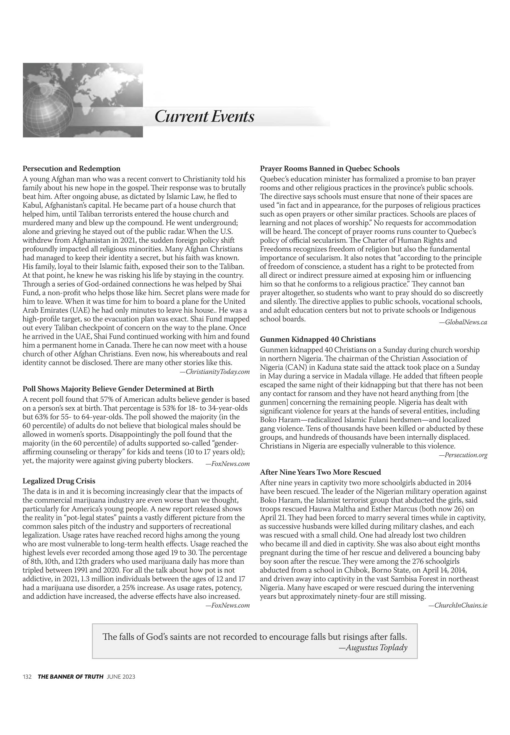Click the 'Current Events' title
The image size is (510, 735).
[x=204, y=116]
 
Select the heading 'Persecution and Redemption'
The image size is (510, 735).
[x=72, y=169]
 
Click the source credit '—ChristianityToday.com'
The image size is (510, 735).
[x=215, y=372]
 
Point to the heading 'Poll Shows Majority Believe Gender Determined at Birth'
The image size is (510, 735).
[x=118, y=389]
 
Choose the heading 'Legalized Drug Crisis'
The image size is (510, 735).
[x=59, y=481]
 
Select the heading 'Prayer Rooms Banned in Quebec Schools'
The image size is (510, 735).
[x=329, y=169]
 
